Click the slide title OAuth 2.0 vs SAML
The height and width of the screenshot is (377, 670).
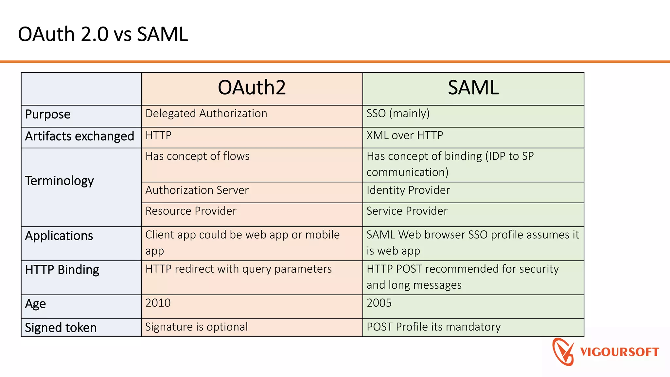pos(103,34)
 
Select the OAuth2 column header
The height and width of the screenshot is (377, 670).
pos(252,88)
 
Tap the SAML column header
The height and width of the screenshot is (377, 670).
pos(473,88)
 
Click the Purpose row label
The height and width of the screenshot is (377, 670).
pos(48,115)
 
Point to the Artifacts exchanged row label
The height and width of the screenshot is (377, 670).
pos(79,136)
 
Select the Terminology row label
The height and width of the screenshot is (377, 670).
pos(59,181)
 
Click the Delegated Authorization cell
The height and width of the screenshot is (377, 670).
pos(206,114)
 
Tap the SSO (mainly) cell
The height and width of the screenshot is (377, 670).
pos(398,114)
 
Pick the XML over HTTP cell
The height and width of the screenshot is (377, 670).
pos(405,135)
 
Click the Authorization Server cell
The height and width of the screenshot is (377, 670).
pos(197,190)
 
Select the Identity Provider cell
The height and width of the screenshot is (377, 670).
pos(408,190)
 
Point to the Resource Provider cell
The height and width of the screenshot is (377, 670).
pos(191,211)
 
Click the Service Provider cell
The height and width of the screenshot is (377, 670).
pos(407,211)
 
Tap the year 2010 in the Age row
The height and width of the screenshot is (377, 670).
pos(158,303)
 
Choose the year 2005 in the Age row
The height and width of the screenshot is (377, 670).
pos(379,303)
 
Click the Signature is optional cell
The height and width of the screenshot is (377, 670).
pos(196,327)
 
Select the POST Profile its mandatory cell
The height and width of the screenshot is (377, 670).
pos(433,327)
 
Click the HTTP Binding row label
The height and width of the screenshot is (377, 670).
pos(62,270)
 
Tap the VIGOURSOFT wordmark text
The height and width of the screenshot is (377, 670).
pos(619,352)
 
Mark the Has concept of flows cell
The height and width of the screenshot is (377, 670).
pos(197,156)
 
